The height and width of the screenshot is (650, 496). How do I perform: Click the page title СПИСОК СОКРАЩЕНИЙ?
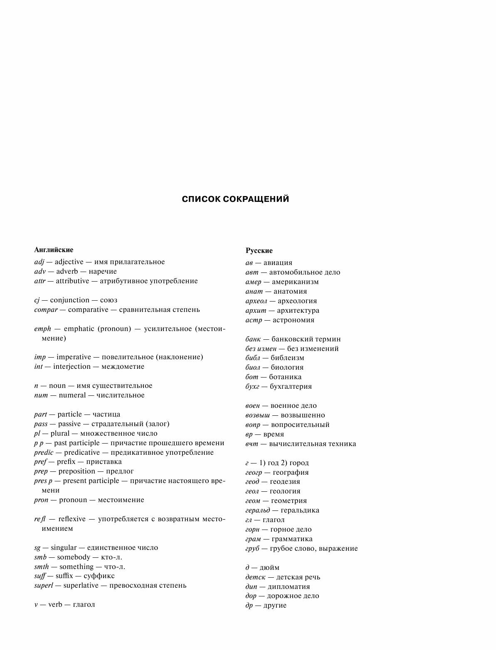(x=235, y=199)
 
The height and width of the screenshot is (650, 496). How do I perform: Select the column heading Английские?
(x=54, y=250)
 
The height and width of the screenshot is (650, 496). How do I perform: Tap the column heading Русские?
(x=259, y=250)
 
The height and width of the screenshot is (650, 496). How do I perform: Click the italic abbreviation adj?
(x=39, y=262)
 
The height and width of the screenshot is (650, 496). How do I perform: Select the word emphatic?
(x=77, y=329)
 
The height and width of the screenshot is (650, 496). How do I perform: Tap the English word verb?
(x=55, y=604)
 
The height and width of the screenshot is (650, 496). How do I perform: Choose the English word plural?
(x=60, y=433)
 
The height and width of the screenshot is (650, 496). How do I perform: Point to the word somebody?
(x=74, y=557)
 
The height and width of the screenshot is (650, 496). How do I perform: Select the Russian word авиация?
(x=278, y=262)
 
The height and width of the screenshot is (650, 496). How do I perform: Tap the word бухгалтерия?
(x=291, y=386)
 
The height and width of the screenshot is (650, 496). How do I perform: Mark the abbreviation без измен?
(x=261, y=348)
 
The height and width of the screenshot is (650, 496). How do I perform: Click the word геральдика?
(x=300, y=510)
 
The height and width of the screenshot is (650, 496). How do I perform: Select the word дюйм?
(x=269, y=567)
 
